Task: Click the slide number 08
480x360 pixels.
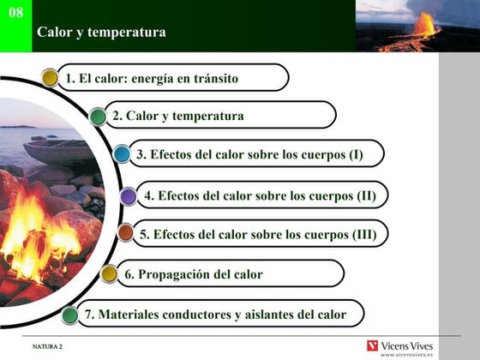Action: coord(16,13)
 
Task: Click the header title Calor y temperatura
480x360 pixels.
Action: coord(101,33)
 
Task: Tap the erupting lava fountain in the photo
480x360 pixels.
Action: coord(425,25)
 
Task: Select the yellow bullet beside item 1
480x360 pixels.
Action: coord(50,78)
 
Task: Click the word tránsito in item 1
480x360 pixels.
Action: coord(216,78)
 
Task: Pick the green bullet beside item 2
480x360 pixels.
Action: coord(98,117)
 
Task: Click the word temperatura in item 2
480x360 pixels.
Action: coord(208,116)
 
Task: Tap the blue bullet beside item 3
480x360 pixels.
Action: coord(122,153)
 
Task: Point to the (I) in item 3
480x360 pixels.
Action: coord(357,154)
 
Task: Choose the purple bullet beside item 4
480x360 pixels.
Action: coord(128,196)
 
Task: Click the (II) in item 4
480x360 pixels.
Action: coord(367,196)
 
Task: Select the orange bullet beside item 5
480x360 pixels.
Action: coord(125,232)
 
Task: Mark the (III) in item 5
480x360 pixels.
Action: coord(364,235)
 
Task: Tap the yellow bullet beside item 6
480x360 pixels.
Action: coord(109,273)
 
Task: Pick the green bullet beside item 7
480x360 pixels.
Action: coord(69,315)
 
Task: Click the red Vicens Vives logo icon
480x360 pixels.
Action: coord(372,346)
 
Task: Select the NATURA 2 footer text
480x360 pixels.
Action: coord(47,346)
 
